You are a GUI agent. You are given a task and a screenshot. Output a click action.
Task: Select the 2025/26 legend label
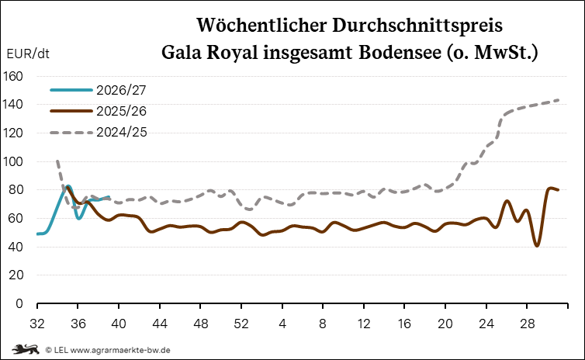121,111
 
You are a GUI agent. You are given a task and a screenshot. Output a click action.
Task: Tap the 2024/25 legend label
122,132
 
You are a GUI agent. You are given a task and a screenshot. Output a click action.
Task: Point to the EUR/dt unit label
28,54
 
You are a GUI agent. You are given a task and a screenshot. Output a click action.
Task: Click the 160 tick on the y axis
12,77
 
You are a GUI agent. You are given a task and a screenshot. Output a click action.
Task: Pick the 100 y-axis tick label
12,161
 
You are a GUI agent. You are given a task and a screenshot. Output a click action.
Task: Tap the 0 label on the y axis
19,303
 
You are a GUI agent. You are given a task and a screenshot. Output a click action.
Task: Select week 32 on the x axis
37,324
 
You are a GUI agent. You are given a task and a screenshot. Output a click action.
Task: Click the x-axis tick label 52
241,324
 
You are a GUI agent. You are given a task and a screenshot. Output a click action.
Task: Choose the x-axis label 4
282,324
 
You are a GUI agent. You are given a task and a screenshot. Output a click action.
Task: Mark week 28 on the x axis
527,324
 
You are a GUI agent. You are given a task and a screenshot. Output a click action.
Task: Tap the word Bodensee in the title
400,53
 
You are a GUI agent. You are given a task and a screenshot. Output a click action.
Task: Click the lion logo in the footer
26,350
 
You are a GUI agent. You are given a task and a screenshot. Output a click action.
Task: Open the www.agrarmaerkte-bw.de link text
120,350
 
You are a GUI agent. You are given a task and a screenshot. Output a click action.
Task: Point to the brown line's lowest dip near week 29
537,245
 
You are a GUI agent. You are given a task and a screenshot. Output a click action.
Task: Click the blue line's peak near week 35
68,185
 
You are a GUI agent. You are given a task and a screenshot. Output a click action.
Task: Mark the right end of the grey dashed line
558,100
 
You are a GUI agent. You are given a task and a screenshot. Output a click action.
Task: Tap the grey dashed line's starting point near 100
57,161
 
